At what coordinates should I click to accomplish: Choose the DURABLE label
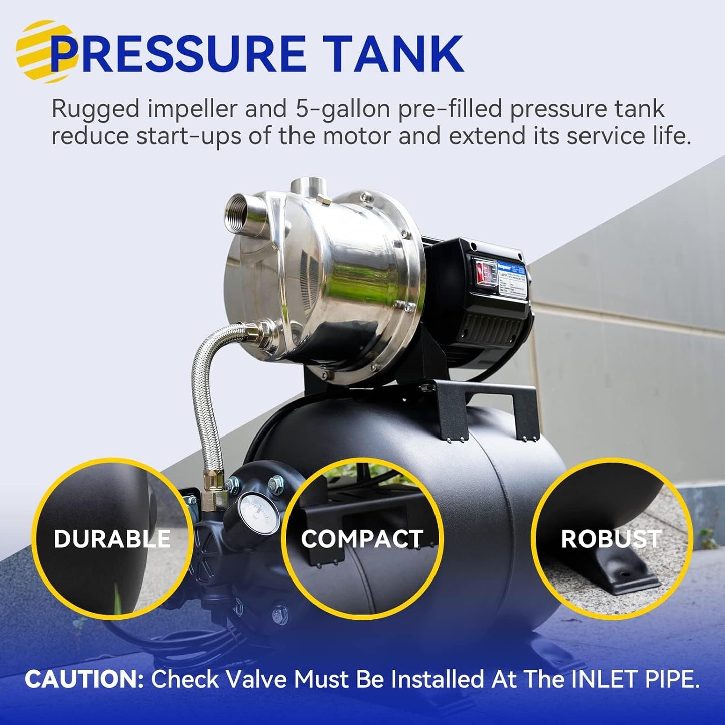[x=112, y=539]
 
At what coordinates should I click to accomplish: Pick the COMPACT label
[x=362, y=539]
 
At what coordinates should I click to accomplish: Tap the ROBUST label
[x=610, y=539]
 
